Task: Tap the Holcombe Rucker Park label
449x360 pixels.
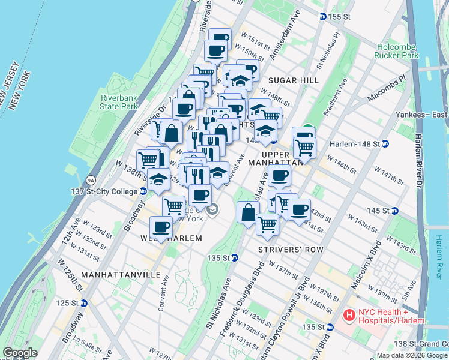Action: pos(397,51)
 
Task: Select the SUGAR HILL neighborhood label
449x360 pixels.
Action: pos(294,80)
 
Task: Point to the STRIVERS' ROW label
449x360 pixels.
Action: pos(291,249)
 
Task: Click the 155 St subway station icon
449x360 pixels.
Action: pos(323,17)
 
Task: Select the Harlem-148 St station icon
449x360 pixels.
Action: pos(385,143)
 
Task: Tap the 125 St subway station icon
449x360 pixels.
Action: pos(83,303)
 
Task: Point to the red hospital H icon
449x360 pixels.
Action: pos(348,315)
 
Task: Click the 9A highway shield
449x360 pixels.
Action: pos(91,179)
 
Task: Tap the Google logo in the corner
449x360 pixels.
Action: pos(19,353)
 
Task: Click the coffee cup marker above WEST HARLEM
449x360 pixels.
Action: pos(161,227)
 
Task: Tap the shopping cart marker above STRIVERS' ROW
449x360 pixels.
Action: pos(267,224)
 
